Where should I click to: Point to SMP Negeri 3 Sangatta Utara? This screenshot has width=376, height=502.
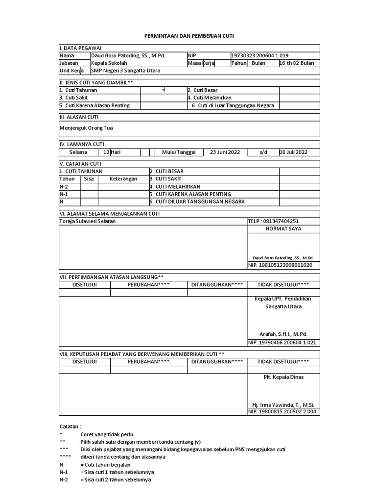pos(126,71)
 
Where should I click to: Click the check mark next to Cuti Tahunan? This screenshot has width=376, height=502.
pos(163,90)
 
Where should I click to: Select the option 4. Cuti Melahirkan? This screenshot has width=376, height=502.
pos(210,98)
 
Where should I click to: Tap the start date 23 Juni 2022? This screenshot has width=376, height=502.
pos(225,152)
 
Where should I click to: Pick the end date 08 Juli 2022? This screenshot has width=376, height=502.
pos(293,152)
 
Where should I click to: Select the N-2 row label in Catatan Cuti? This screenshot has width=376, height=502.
pos(64,186)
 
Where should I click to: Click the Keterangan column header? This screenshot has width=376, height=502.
pos(123,179)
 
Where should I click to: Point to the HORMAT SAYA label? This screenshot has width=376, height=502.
pos(283,228)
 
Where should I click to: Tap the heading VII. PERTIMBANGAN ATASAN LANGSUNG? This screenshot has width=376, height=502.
pos(112,276)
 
